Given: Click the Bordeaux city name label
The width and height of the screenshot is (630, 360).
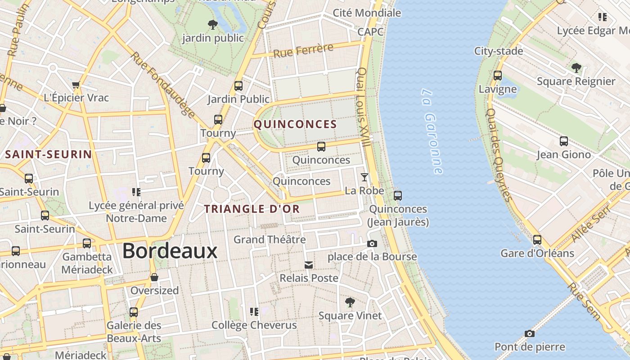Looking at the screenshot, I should pos(170,251).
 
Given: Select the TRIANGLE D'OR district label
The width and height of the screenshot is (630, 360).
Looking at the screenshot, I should pos(252,209).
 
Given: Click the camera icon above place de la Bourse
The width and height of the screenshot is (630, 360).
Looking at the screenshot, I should pos(372,243).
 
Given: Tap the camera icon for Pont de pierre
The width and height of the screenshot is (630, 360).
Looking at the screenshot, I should pos(530,333).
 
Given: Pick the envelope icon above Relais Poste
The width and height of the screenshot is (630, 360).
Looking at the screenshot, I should pos(309,265).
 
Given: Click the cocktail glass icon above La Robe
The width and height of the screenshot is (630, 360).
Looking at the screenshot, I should pos(364,177).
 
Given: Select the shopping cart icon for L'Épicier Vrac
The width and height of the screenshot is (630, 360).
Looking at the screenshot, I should pos(76,85).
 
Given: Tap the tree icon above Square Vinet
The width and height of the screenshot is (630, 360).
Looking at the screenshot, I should pos(350,302).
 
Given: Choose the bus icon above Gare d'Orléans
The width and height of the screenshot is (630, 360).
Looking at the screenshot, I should pos(537,240).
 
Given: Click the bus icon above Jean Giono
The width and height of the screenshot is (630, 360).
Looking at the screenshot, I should pos(564,141).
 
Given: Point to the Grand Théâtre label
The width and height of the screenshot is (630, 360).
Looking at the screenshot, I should pos(270,239).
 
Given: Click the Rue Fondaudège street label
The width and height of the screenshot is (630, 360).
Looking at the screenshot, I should pos(163,84).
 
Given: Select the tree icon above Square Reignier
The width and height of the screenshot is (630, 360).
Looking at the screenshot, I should pos(576,68).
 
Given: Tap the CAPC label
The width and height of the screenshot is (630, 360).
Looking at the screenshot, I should pos(370,31).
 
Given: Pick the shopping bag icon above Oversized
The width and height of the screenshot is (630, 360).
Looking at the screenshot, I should pos(154,277).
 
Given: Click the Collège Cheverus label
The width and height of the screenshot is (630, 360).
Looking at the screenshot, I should pos(254,325).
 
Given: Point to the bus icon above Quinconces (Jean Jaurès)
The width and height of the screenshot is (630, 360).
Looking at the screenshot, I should pos(398,196).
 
